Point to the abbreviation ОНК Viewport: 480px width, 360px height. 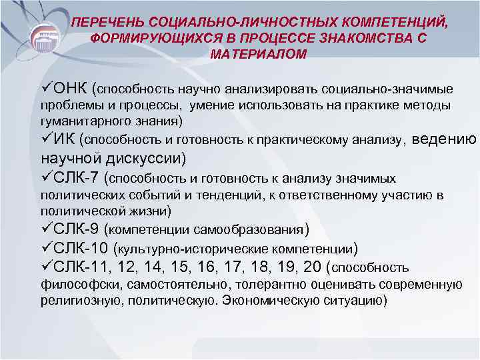[71, 88]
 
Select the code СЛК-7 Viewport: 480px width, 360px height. [75, 178]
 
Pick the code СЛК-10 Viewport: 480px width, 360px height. [80, 249]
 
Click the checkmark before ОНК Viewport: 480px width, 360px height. [47, 88]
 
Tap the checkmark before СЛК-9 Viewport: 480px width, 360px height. [47, 230]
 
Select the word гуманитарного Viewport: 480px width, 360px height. [75, 121]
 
